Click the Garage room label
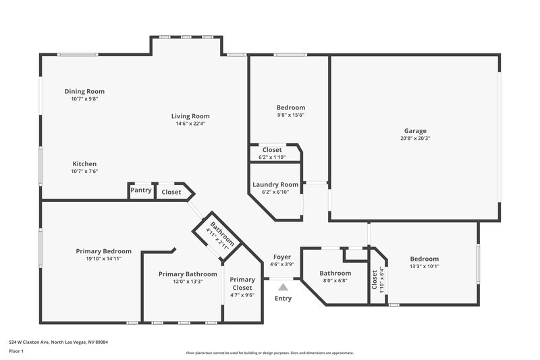(x=415, y=131)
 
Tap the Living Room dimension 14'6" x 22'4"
(x=190, y=124)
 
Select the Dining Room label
(x=84, y=91)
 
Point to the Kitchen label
(x=84, y=163)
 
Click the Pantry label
(x=141, y=190)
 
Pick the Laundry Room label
(x=275, y=184)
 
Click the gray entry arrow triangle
(x=283, y=287)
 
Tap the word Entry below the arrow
(x=283, y=299)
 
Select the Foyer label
(x=281, y=257)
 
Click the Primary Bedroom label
(x=103, y=251)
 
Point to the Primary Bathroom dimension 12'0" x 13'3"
(x=188, y=282)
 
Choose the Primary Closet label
(x=242, y=284)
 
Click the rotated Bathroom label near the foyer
(x=222, y=233)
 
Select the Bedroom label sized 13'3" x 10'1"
(x=425, y=259)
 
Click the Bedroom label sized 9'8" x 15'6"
(x=291, y=107)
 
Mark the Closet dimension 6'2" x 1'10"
(x=272, y=157)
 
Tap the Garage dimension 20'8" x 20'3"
(x=415, y=138)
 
